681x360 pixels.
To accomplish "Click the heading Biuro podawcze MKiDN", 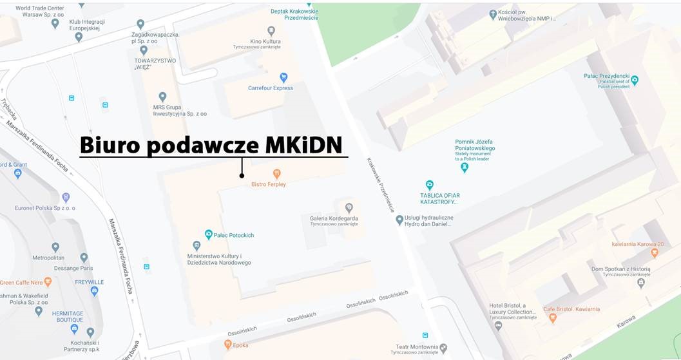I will pos(211,145).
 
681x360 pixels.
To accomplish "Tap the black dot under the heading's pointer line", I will pos(242,175).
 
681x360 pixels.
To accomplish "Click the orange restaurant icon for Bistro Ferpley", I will pos(277,173).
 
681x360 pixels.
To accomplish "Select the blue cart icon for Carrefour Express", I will pos(283,77).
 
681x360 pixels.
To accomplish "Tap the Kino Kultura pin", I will pos(271,30).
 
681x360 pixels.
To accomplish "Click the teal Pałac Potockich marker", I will pos(208,234).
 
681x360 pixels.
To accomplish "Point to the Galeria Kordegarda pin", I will pos(349,207).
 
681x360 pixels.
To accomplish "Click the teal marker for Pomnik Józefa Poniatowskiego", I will pos(464,167).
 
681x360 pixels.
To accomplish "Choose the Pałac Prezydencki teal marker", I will pos(635,81).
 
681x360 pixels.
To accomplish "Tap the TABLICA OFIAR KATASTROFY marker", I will pos(430,185).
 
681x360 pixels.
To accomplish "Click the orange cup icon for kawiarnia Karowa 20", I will pos(655,252).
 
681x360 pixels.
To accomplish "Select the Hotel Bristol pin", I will pos(498,326).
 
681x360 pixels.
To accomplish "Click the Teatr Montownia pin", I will pos(443,348).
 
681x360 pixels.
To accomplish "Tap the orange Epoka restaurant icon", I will pos(227,345).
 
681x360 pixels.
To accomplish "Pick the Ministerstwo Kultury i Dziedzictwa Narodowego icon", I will pos(197,245).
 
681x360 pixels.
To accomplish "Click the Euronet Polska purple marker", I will pos(65,197).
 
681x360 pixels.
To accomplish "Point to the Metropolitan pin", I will pos(55,247).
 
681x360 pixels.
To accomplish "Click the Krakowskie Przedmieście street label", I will pos(380,185).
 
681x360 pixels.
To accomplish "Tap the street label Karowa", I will pos(626,321).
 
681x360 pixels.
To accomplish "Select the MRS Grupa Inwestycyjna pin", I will pos(162,97).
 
